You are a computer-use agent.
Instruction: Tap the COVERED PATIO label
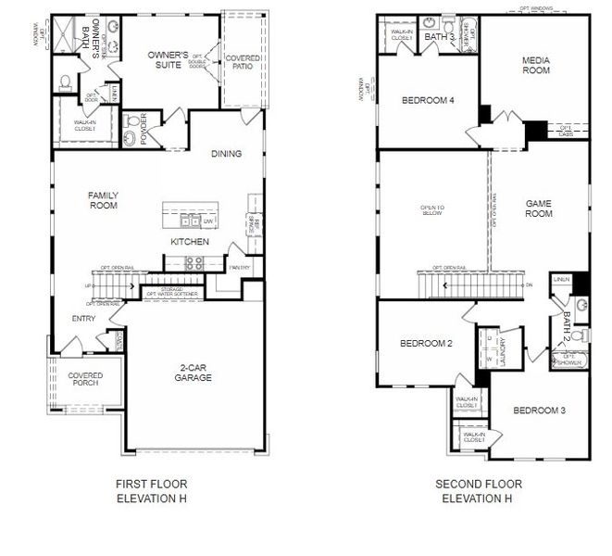pyautogui.click(x=243, y=64)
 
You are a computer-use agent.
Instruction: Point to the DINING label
pyautogui.click(x=226, y=154)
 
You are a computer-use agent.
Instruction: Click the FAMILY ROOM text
pyautogui.click(x=103, y=200)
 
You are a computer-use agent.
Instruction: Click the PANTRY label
pyautogui.click(x=239, y=268)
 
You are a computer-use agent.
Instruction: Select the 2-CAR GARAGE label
pyautogui.click(x=194, y=373)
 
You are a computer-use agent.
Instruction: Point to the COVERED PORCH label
pyautogui.click(x=85, y=381)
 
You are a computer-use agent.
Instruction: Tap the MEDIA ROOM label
pyautogui.click(x=536, y=66)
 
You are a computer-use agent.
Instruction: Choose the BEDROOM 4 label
pyautogui.click(x=427, y=100)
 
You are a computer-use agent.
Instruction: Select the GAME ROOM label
pyautogui.click(x=539, y=208)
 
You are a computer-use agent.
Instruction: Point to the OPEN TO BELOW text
pyautogui.click(x=432, y=210)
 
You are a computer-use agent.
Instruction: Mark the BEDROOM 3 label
pyautogui.click(x=539, y=411)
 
